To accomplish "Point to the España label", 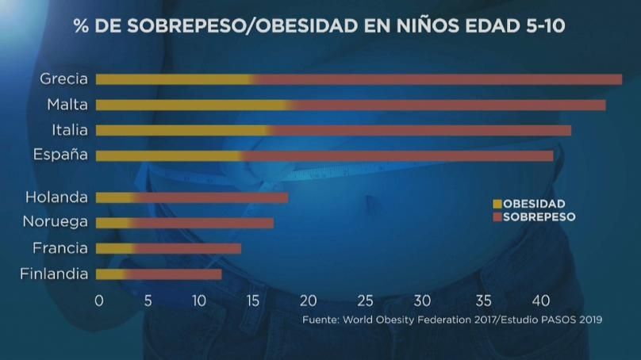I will pos(60,155).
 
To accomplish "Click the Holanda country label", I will pos(56,197).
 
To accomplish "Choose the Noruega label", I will pos(55,223).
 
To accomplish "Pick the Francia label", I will pos(59,248).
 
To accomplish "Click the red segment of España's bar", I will pos(397,155).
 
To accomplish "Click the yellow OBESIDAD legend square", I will pos(497,204).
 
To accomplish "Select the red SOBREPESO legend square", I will pos(497,216).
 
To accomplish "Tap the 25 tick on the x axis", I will pos(365,301).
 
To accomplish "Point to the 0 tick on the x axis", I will pos(99,301).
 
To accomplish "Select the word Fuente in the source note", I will pos(319,320).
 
